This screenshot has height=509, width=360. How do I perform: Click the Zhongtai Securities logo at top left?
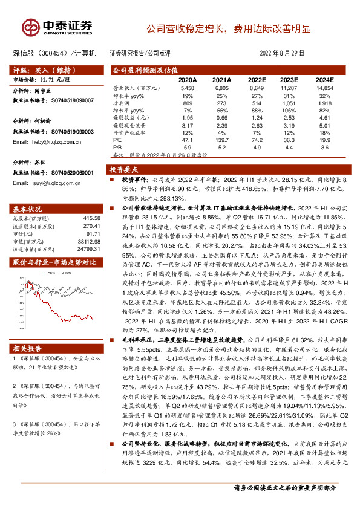pyautogui.click(x=57, y=27)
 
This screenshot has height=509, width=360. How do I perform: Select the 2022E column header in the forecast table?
pyautogui.click(x=257, y=79)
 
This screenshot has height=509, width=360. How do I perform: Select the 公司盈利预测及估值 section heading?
pyautogui.click(x=142, y=70)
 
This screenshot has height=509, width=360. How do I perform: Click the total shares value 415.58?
pyautogui.click(x=91, y=218)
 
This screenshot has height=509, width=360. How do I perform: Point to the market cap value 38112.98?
pyautogui.click(x=88, y=241)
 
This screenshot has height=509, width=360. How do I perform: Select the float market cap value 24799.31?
pyautogui.click(x=88, y=249)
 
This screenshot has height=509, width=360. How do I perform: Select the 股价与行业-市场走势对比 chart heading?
pyautogui.click(x=54, y=262)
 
